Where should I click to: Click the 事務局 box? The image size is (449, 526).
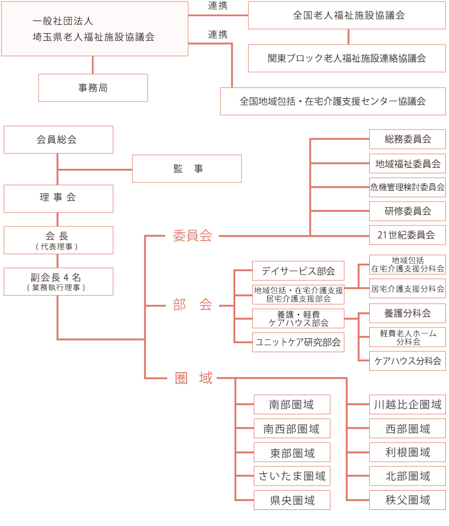(93, 88)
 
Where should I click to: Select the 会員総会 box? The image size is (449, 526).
(59, 140)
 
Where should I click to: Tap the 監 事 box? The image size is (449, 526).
(187, 169)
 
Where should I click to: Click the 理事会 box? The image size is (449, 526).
(59, 198)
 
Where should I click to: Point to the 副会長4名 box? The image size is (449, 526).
(59, 281)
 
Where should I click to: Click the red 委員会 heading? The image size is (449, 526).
(193, 236)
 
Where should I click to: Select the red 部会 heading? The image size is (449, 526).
(193, 305)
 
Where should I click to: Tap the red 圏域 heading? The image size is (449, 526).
(194, 378)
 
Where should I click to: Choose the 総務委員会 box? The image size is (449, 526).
(408, 139)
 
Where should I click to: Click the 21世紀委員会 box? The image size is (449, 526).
(408, 235)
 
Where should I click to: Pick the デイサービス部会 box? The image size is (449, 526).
(298, 271)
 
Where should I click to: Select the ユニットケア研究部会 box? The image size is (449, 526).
(298, 342)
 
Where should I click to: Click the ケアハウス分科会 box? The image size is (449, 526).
(408, 361)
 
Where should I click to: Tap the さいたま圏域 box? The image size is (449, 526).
(292, 476)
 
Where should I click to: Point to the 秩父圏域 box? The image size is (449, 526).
(408, 500)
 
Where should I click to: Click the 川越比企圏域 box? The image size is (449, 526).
(408, 405)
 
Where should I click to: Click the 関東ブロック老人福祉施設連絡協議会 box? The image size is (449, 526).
(347, 58)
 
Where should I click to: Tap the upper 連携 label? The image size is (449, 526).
(218, 6)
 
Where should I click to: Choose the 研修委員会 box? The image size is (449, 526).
(408, 211)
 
